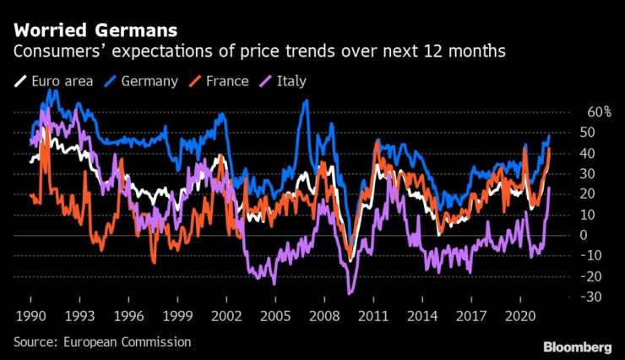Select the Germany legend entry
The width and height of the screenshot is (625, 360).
tap(145, 82)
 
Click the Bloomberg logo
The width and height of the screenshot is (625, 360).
tap(577, 346)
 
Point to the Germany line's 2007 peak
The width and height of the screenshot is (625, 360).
tap(306, 101)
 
